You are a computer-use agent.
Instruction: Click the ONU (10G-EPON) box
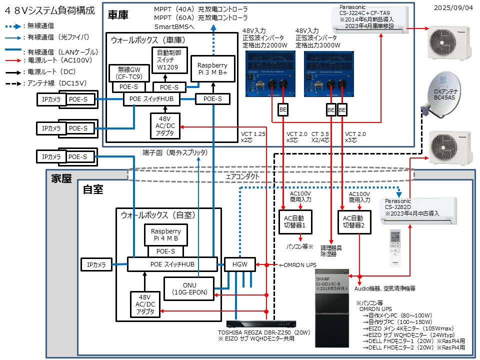point(189,289)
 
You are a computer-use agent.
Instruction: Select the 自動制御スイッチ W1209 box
point(168,61)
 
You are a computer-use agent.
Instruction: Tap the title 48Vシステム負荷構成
point(48,10)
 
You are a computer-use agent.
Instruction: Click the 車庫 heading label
point(118,15)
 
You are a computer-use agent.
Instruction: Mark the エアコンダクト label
point(243,176)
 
